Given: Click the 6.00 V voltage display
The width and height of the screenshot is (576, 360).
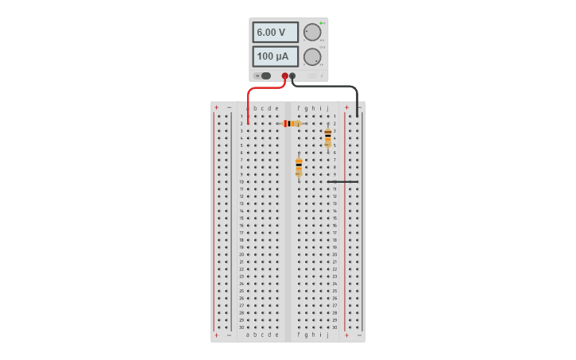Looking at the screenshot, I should point(275,33).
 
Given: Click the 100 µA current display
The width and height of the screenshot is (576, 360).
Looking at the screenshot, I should point(275,56).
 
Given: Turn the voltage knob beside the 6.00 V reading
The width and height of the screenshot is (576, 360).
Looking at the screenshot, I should point(312,33).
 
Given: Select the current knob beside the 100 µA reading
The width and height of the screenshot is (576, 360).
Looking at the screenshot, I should point(312,56).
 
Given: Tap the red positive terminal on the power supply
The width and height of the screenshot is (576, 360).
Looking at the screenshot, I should point(285,76).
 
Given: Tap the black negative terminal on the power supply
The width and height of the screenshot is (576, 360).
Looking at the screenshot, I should point(292,76).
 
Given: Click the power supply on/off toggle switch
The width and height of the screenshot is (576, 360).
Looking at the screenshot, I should point(263,76).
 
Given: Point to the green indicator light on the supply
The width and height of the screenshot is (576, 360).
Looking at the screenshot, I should point(322,23).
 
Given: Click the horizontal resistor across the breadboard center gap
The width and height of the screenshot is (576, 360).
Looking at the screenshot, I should point(291,123).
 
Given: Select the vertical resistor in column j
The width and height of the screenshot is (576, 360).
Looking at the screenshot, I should point(327,137).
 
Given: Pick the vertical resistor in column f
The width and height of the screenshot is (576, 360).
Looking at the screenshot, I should point(299,166).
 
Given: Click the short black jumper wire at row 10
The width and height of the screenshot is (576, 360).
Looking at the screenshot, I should point(342,181).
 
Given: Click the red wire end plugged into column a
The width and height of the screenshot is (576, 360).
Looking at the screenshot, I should point(248,122).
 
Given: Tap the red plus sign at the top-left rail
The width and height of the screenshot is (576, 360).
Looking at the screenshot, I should point(216,107).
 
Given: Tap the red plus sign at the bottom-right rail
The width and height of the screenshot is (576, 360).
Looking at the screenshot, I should point(346,335).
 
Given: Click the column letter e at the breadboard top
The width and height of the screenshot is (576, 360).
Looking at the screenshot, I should point(276,108).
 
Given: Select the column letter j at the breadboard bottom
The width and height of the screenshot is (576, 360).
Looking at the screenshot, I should point(327,335).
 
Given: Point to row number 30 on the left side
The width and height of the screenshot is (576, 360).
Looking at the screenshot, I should point(242,327).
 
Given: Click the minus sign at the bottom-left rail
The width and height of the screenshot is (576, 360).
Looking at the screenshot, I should point(229,335).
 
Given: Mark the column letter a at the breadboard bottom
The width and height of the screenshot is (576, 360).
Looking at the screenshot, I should point(248,335).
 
